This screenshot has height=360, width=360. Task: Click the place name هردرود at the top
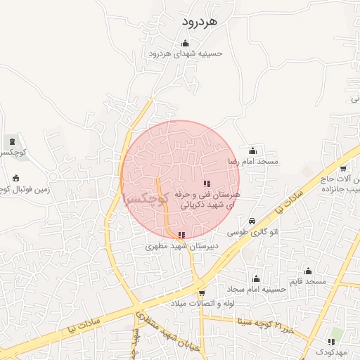pyautogui.click(x=200, y=22)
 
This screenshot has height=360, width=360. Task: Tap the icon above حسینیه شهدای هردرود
pyautogui.click(x=185, y=43)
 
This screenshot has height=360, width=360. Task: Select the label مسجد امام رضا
pyautogui.click(x=252, y=162)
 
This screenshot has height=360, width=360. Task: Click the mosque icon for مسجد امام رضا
pyautogui.click(x=252, y=151)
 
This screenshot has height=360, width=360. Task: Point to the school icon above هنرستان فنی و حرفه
pyautogui.click(x=206, y=184)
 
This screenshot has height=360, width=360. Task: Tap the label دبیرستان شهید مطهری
pyautogui.click(x=182, y=246)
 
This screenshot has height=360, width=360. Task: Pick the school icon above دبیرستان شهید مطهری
pyautogui.click(x=181, y=236)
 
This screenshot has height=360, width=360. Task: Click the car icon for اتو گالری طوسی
pyautogui.click(x=252, y=221)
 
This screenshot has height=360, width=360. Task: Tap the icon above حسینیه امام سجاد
pyautogui.click(x=256, y=278)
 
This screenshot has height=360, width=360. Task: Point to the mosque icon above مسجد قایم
pyautogui.click(x=308, y=271)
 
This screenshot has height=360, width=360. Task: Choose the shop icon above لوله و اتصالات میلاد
pyautogui.click(x=202, y=293)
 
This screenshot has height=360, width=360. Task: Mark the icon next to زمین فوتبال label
pyautogui.click(x=16, y=177)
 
